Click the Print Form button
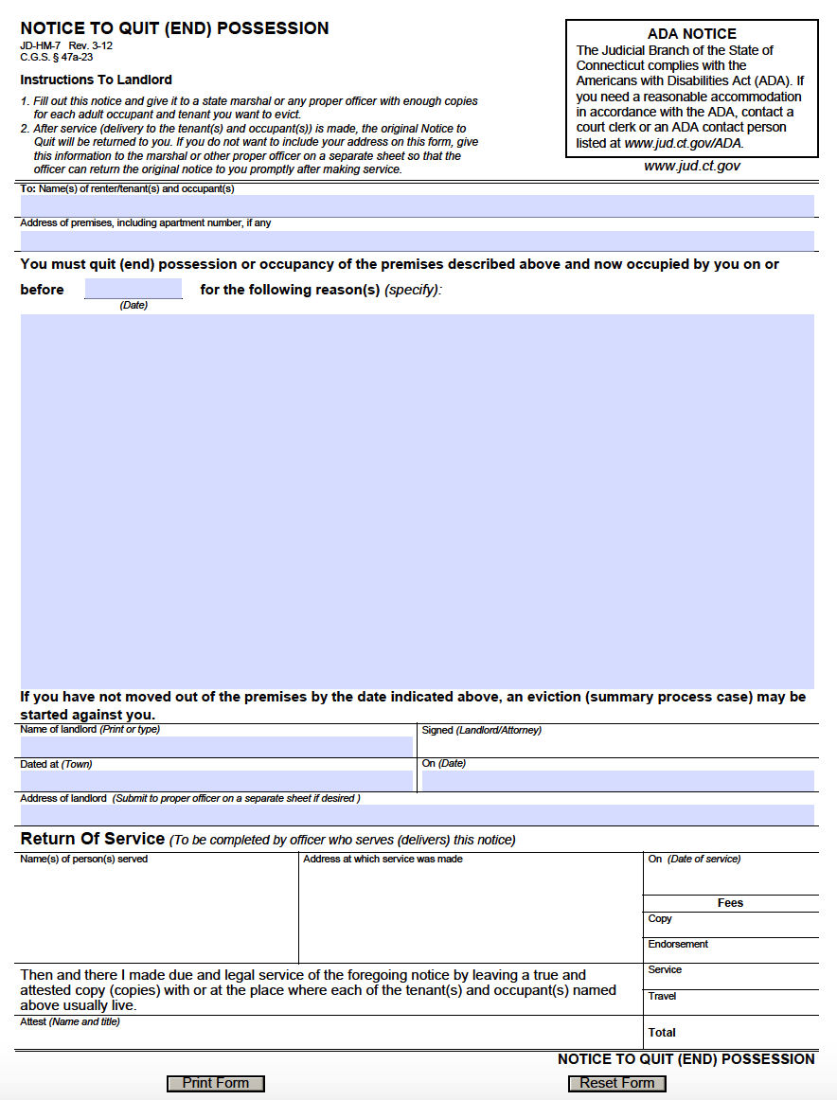(x=216, y=1083)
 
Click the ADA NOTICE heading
(x=691, y=34)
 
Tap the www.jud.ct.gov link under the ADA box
(x=691, y=166)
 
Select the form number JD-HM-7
(x=40, y=45)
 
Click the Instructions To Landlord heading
(x=96, y=80)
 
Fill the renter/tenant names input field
(x=417, y=205)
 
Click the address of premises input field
(x=417, y=240)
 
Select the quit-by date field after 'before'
(x=134, y=289)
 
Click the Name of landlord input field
(x=217, y=746)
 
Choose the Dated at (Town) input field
(x=217, y=781)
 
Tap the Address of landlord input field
(x=417, y=815)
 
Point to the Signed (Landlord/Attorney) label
(x=481, y=730)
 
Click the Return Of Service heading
(x=93, y=839)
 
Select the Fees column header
(x=730, y=903)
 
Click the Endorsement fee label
(x=678, y=944)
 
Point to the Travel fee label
(x=662, y=996)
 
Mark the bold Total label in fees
(x=662, y=1032)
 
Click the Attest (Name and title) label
(x=70, y=1022)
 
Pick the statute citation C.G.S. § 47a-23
(x=50, y=57)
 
